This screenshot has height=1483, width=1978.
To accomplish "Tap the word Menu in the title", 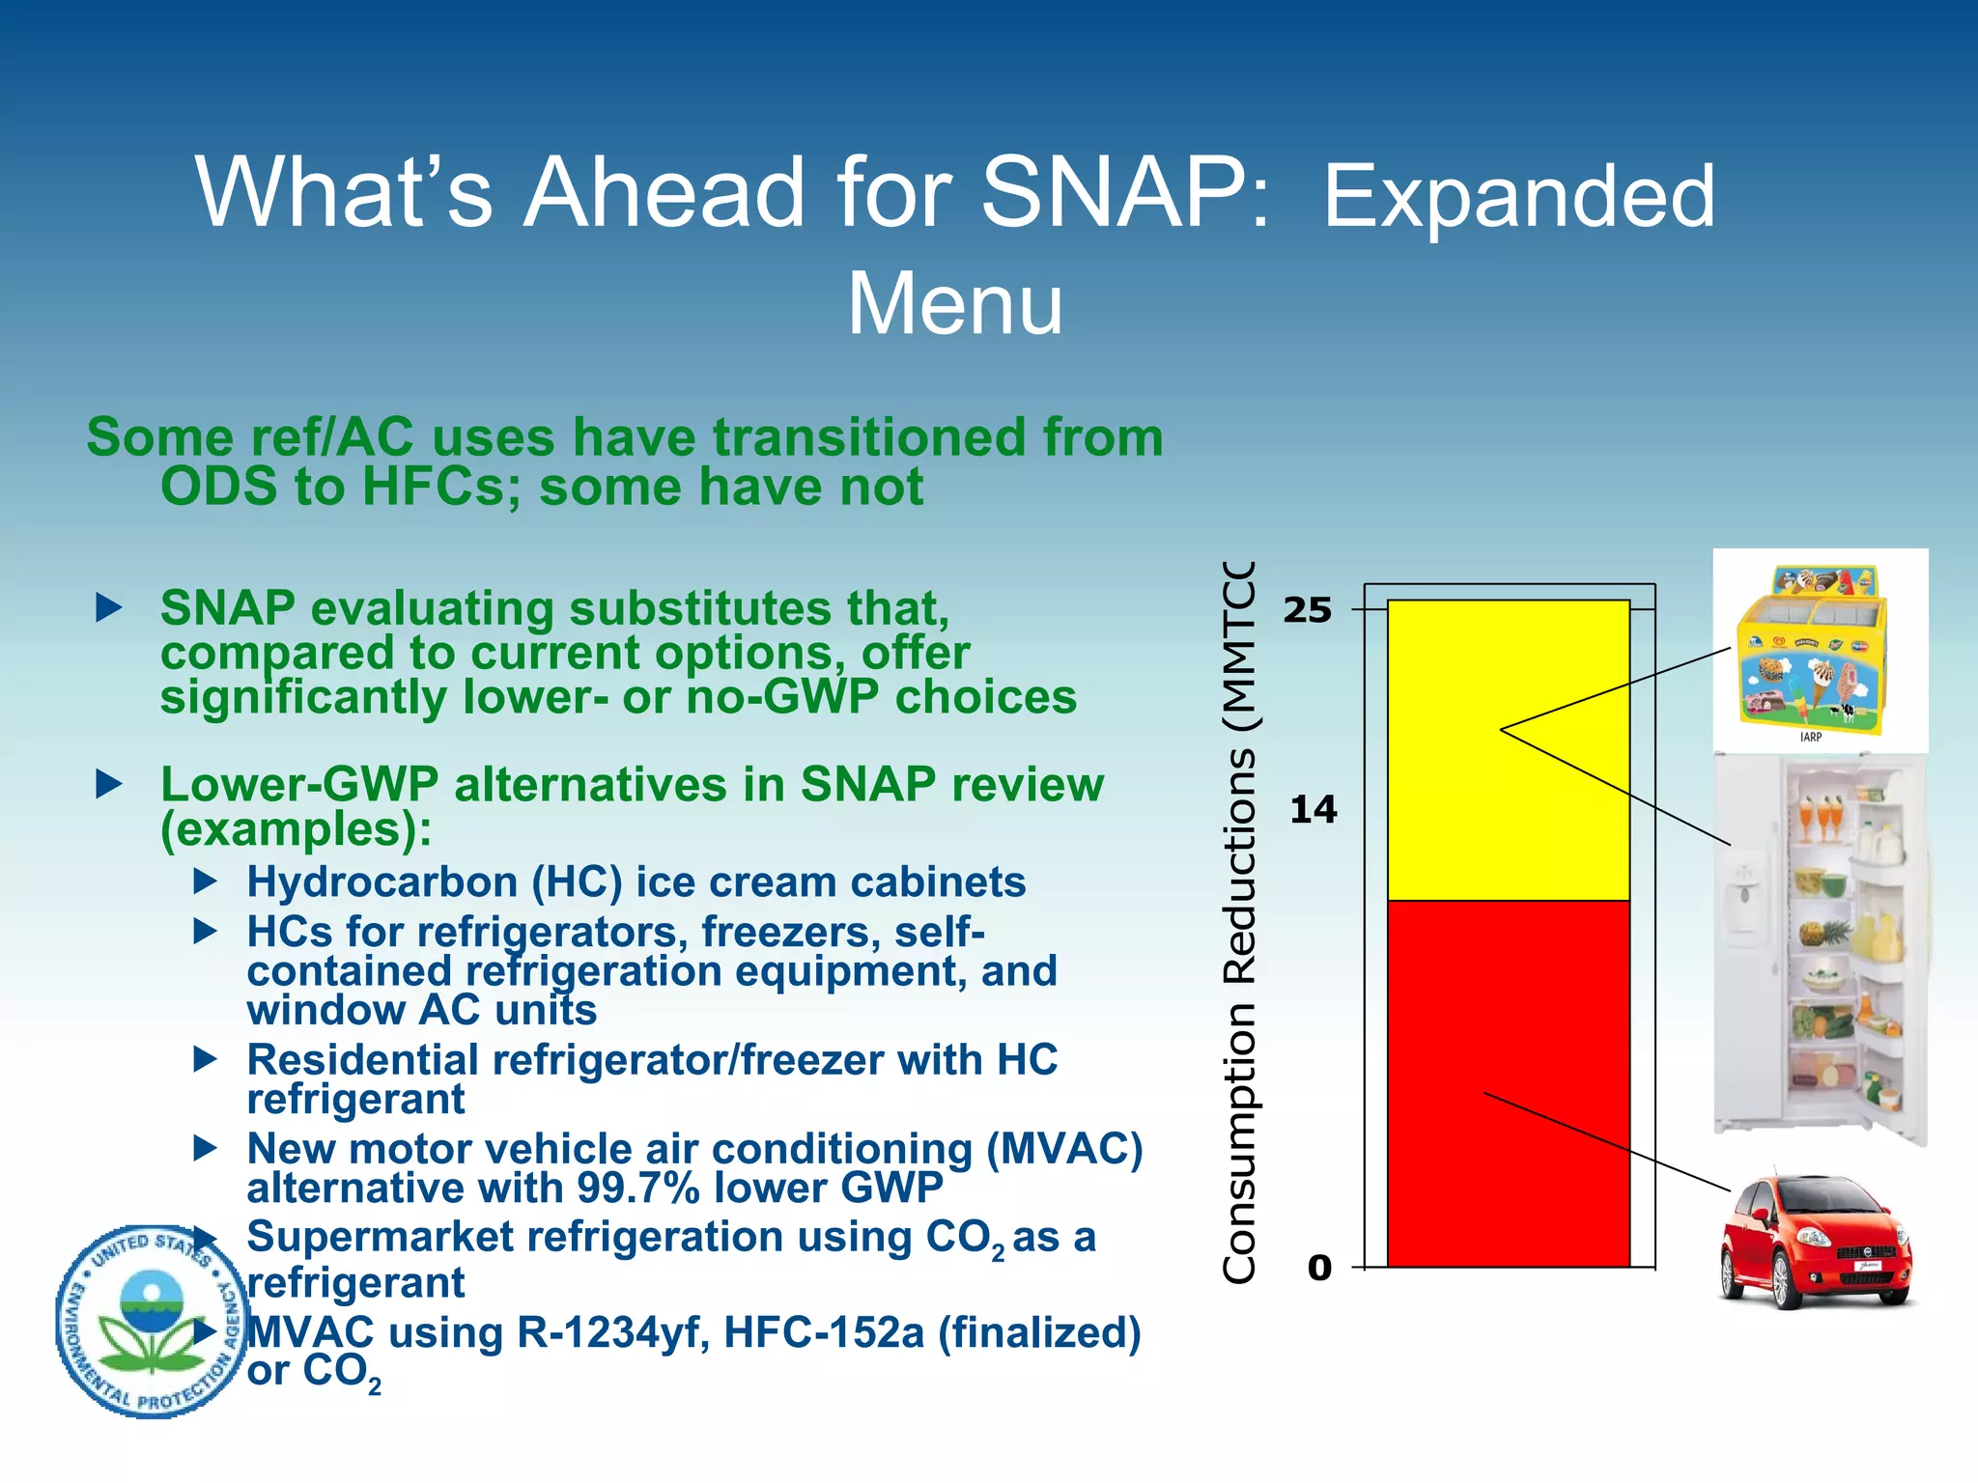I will (954, 303).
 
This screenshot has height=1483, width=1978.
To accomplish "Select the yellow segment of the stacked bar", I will (1508, 750).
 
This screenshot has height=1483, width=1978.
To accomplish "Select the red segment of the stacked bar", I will (1508, 1081).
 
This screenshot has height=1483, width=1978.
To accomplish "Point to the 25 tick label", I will (1307, 610).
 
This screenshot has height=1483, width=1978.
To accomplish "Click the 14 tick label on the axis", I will (1313, 809).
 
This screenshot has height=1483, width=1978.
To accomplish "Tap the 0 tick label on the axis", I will (1319, 1268).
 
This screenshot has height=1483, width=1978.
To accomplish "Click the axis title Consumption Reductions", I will (1239, 922).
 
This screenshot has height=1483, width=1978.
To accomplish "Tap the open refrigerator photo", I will (1821, 946).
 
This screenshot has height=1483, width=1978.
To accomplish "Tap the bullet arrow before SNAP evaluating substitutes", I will (109, 608).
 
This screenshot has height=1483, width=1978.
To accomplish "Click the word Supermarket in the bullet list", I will (380, 1238).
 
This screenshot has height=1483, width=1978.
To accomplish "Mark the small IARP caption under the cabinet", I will (1810, 737).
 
